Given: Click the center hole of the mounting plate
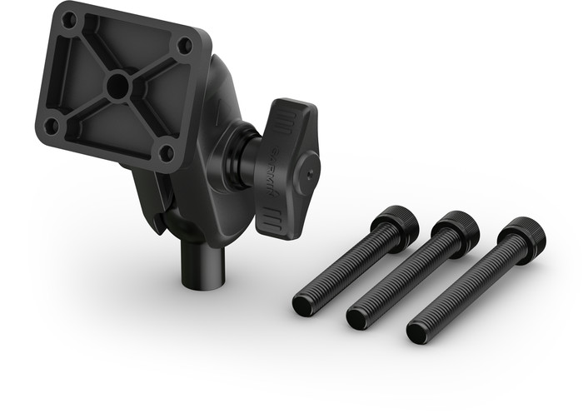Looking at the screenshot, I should tap(118, 83).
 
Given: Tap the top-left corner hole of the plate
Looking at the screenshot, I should tap(70, 18).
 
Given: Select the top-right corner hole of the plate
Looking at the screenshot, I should tap(184, 46).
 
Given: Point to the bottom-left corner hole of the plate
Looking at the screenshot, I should tap(51, 126).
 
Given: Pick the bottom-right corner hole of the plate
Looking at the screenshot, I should tap(166, 153).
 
